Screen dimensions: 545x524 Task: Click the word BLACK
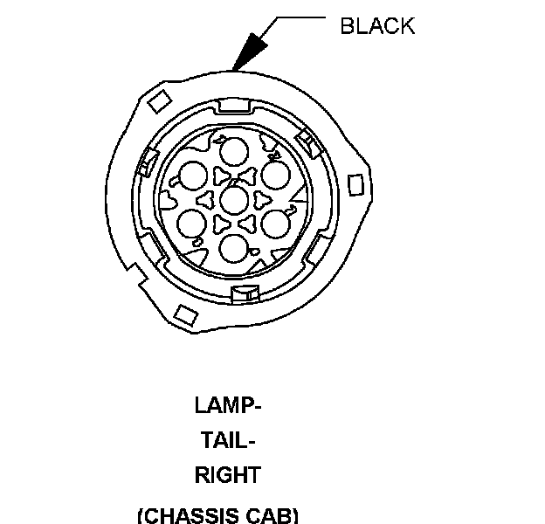[376, 26]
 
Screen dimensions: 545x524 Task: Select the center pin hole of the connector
[233, 199]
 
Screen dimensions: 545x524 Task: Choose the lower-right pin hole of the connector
[275, 224]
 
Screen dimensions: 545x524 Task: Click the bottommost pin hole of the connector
[233, 247]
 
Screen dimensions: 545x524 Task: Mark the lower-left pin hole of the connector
[192, 224]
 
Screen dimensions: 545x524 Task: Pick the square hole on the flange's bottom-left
[184, 314]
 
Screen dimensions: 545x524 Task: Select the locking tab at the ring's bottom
[243, 293]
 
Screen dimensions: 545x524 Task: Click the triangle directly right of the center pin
[258, 200]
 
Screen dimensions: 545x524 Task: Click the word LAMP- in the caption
[228, 406]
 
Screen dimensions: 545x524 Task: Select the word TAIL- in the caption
[228, 441]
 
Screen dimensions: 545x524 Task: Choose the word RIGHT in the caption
[227, 476]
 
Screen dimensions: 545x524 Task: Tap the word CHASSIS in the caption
[189, 514]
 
